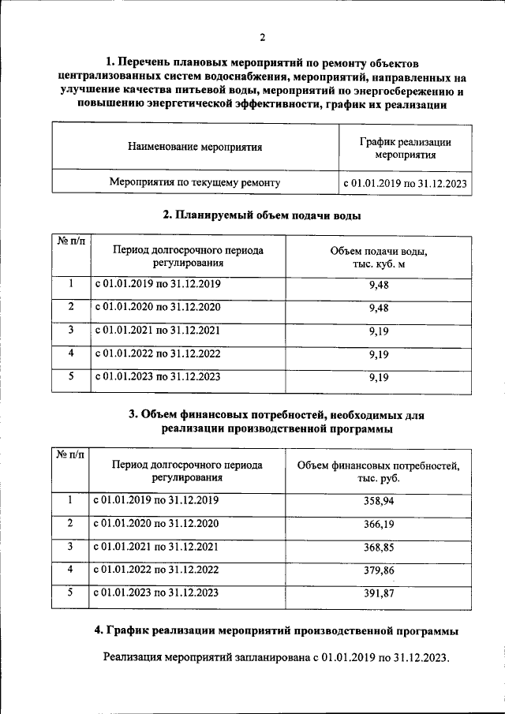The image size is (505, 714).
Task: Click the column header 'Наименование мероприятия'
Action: [194, 146]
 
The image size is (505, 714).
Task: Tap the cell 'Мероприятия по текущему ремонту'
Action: [194, 183]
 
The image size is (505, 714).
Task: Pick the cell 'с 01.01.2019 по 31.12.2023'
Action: [405, 183]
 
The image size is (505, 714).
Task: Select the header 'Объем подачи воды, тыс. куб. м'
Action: [379, 257]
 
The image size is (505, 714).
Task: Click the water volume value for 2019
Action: [379, 286]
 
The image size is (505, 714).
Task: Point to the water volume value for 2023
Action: [379, 378]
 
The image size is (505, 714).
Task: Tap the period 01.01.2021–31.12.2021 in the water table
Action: [158, 330]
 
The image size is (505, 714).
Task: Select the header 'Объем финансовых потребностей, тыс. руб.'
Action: [379, 472]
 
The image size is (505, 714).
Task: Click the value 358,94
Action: [379, 501]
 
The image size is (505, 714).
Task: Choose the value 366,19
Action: [379, 524]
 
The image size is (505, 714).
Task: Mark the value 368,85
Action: [379, 547]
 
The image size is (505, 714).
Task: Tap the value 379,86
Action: [379, 570]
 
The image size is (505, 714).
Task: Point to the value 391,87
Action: [379, 593]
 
